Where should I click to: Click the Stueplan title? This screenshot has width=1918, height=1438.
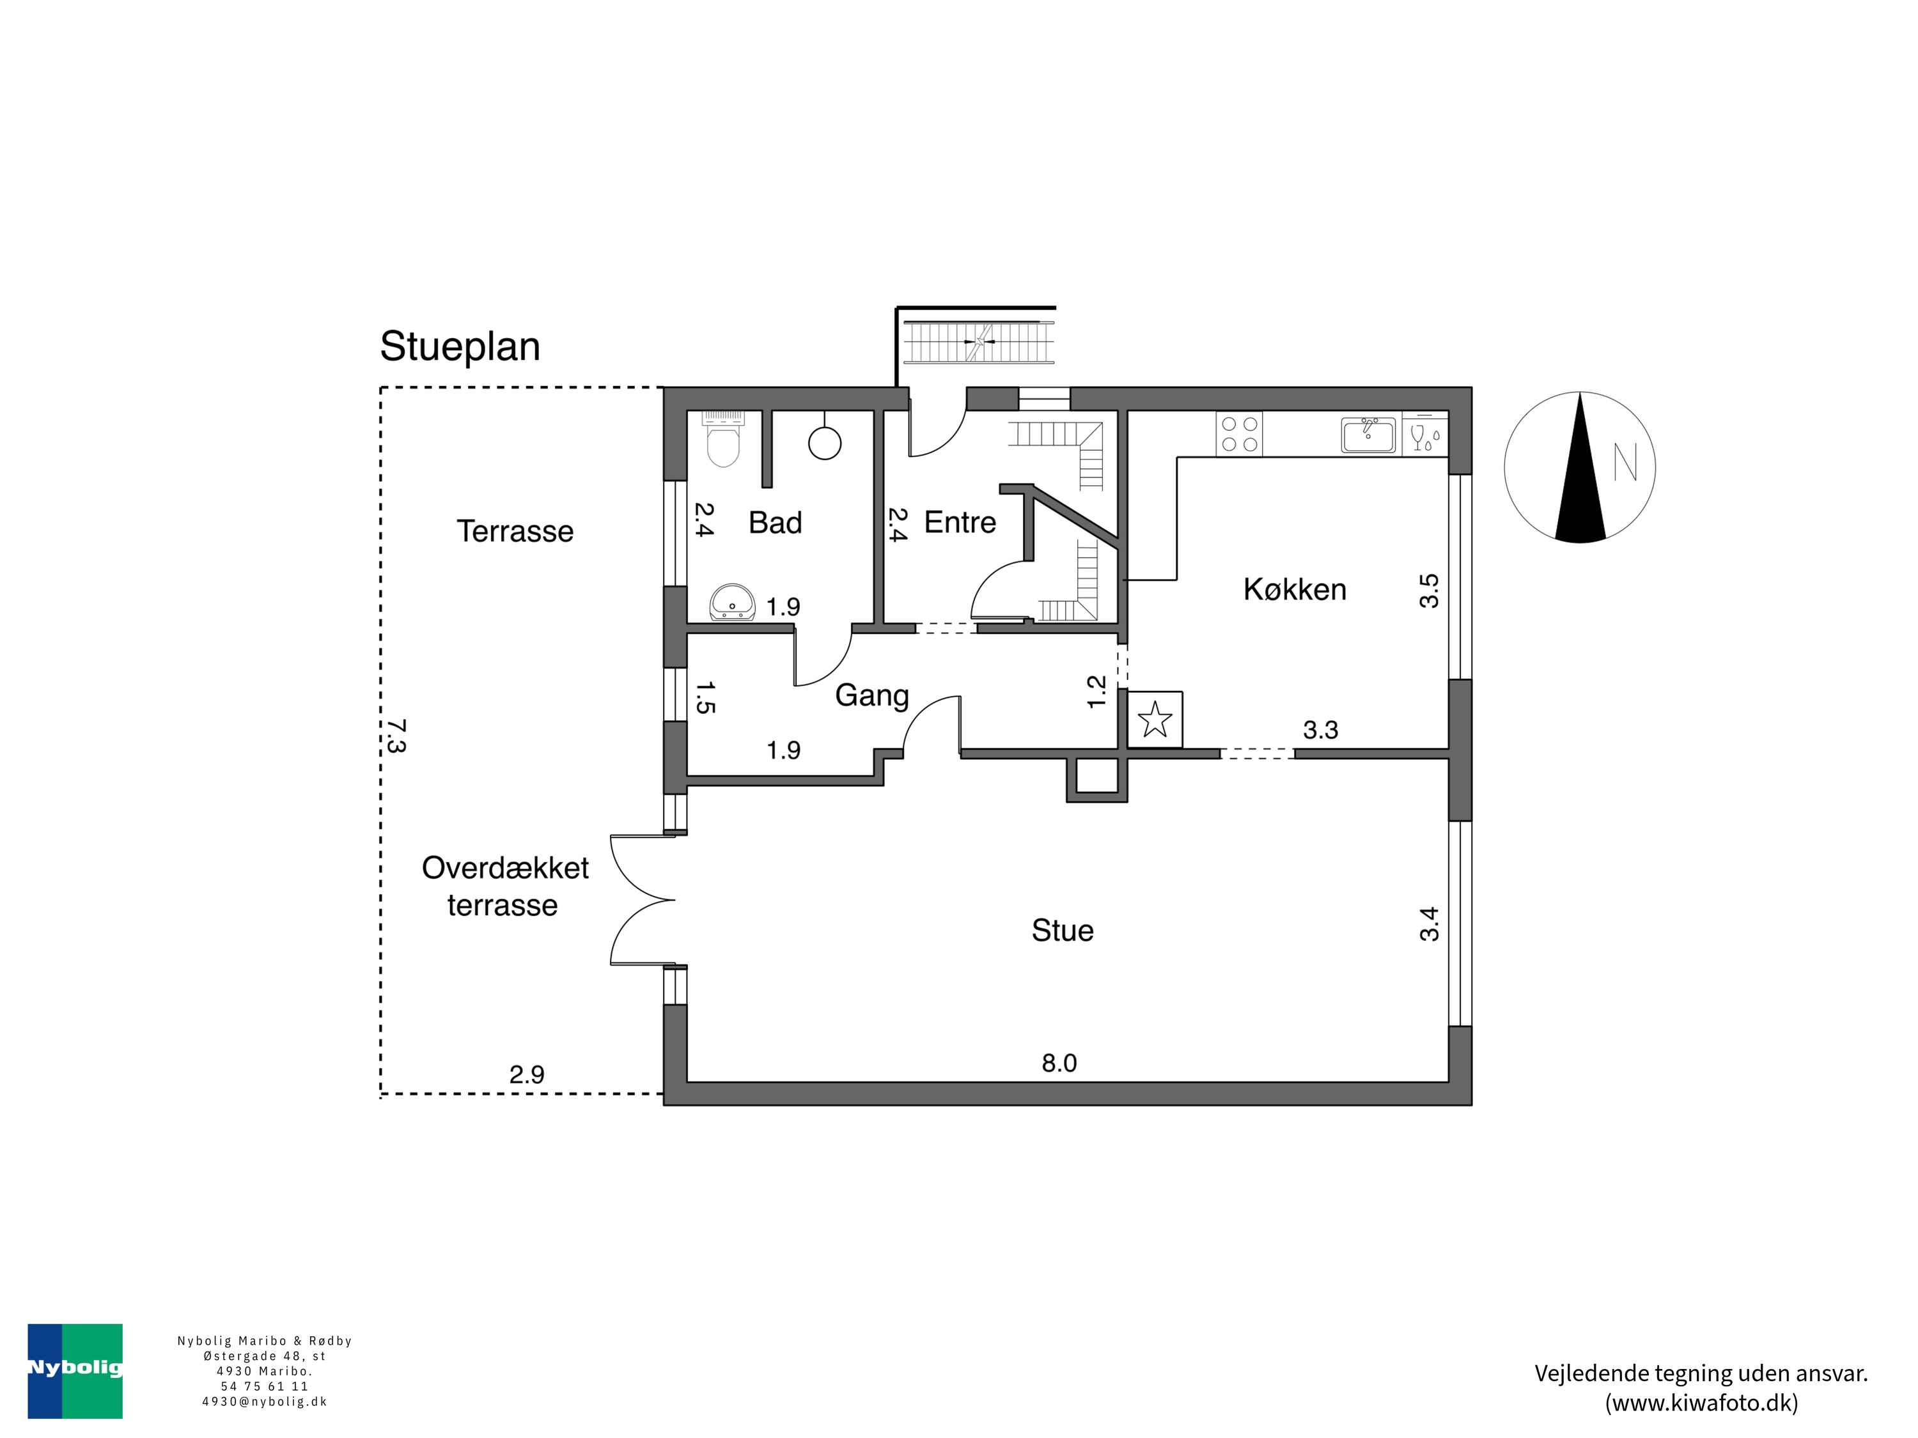point(460,346)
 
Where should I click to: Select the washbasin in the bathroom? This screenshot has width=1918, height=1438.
point(733,603)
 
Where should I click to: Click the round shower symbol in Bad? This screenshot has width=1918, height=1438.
point(825,443)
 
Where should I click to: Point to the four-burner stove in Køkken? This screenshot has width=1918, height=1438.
point(1239,434)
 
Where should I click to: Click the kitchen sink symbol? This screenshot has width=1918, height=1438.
point(1368,434)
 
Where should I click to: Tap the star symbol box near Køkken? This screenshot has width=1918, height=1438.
point(1155,718)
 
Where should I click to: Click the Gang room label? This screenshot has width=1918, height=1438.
point(871,695)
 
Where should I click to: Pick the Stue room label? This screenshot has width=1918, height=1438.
point(1062,930)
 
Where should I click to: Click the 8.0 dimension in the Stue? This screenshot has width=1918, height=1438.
point(1059,1063)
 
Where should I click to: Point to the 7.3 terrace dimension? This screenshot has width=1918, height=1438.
point(395,735)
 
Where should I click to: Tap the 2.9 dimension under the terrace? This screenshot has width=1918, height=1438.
point(526,1075)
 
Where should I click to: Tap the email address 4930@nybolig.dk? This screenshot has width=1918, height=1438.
point(265,1402)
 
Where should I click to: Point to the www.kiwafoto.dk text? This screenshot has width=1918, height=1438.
point(1701,1403)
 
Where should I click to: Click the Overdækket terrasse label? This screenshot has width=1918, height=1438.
point(504,886)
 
